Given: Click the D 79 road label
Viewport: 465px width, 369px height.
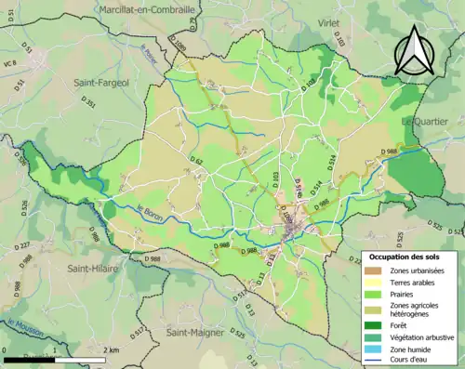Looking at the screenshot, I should [x=191, y=18].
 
